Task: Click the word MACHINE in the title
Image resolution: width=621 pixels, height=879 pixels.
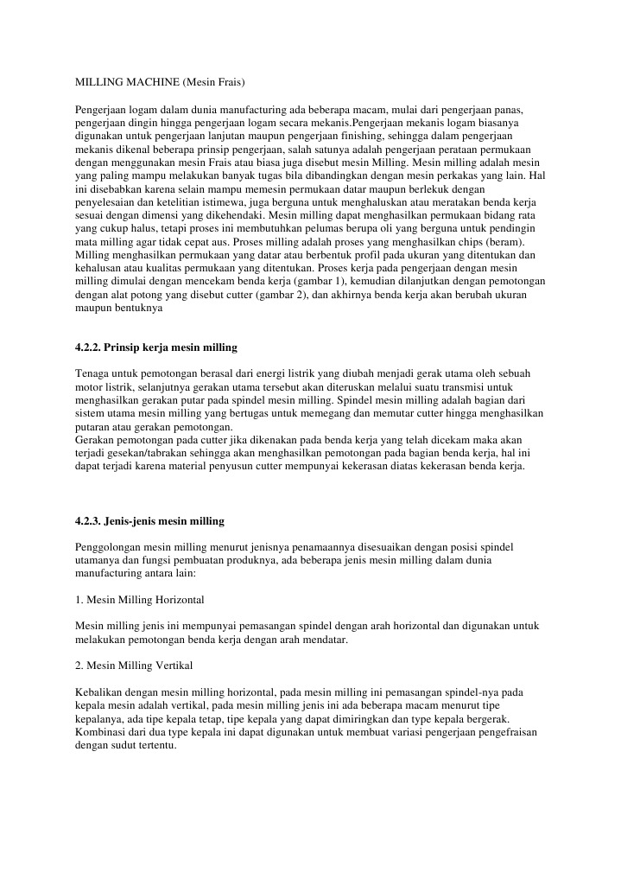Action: (149, 82)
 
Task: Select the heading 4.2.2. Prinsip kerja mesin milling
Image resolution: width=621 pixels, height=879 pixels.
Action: (156, 347)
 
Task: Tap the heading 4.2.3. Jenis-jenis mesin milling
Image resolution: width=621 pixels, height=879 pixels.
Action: (150, 521)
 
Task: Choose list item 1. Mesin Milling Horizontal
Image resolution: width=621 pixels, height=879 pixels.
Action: (140, 598)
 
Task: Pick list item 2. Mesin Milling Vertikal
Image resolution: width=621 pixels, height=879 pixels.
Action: (134, 666)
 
